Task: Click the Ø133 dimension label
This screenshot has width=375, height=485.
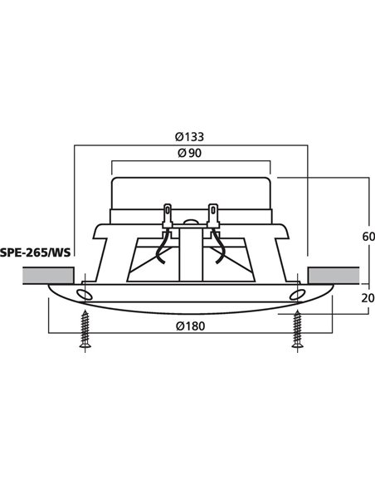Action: point(191,135)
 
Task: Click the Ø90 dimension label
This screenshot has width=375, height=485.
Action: point(191,153)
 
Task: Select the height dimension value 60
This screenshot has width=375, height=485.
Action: point(357,236)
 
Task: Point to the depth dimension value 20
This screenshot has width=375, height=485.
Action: point(357,298)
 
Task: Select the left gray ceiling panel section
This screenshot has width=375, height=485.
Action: point(37,274)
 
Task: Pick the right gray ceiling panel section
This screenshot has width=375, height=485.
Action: point(333,274)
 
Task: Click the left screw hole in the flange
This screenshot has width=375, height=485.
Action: point(83,295)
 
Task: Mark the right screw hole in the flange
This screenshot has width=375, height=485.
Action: point(296,295)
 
